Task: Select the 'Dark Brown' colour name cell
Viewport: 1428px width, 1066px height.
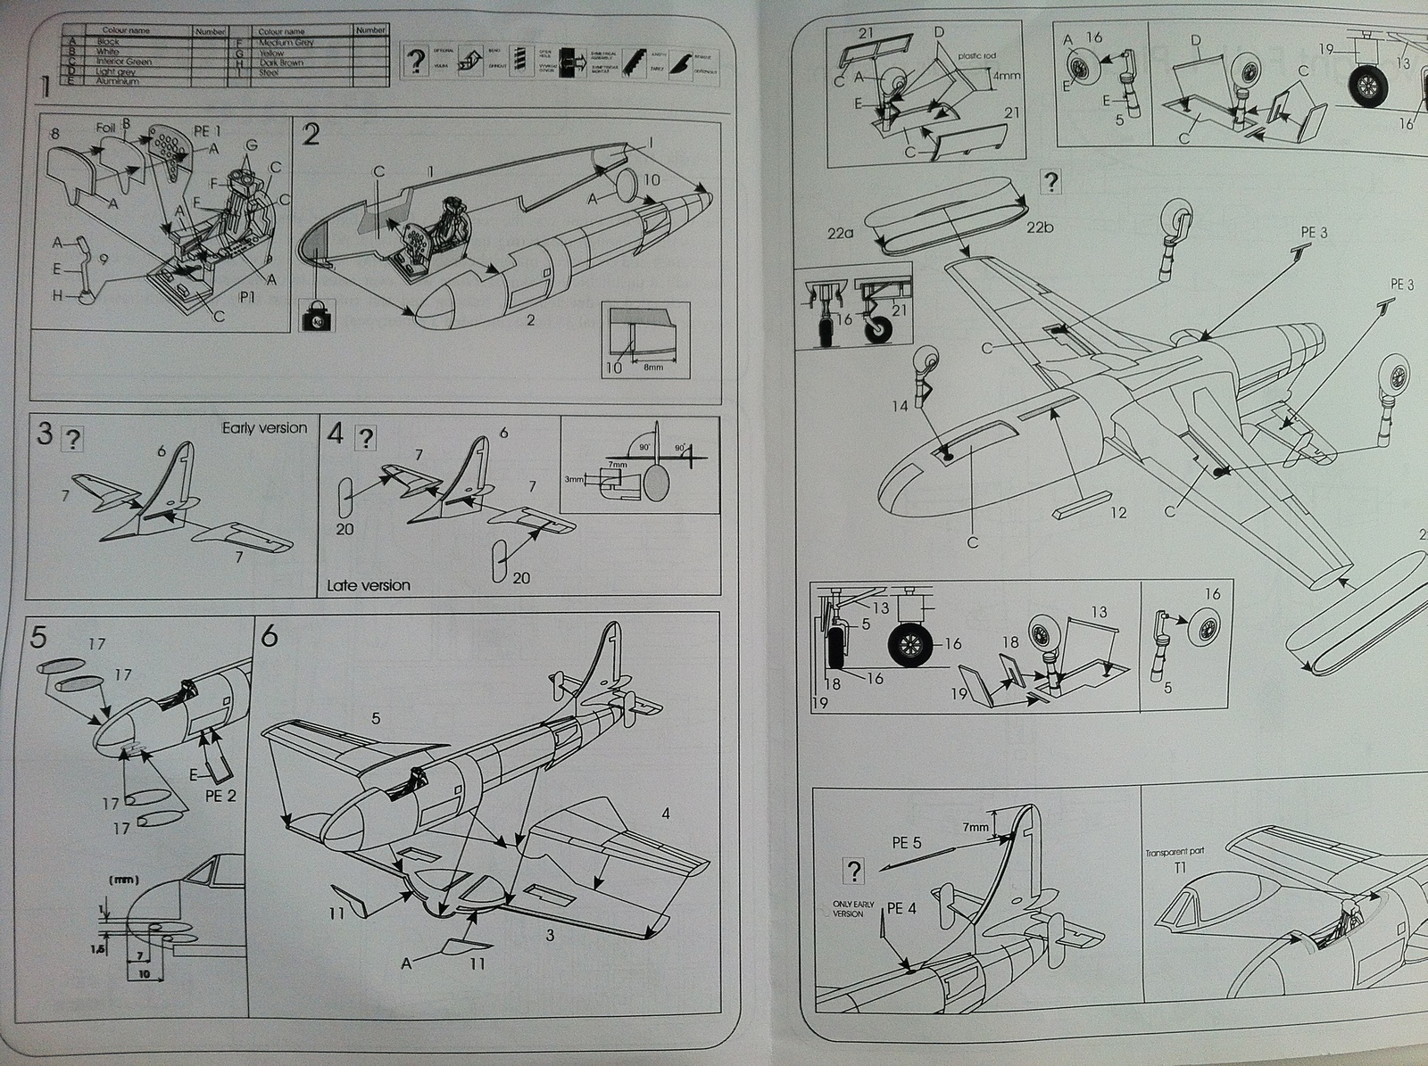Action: point(280,62)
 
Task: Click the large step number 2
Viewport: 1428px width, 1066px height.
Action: point(311,136)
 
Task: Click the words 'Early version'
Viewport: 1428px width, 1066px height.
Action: point(264,428)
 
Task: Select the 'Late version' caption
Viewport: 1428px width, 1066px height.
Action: point(369,585)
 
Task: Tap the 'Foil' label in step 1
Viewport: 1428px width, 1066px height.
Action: point(105,128)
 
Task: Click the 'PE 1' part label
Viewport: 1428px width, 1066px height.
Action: point(206,131)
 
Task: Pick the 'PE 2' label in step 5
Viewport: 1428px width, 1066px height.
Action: point(220,795)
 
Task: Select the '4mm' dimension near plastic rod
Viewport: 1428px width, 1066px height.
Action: point(1006,76)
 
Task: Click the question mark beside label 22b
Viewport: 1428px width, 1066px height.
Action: point(1052,183)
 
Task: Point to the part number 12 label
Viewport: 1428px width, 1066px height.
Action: point(1117,512)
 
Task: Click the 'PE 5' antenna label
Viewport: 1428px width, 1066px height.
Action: point(906,841)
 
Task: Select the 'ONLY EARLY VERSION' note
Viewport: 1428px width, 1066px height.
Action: point(850,909)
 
